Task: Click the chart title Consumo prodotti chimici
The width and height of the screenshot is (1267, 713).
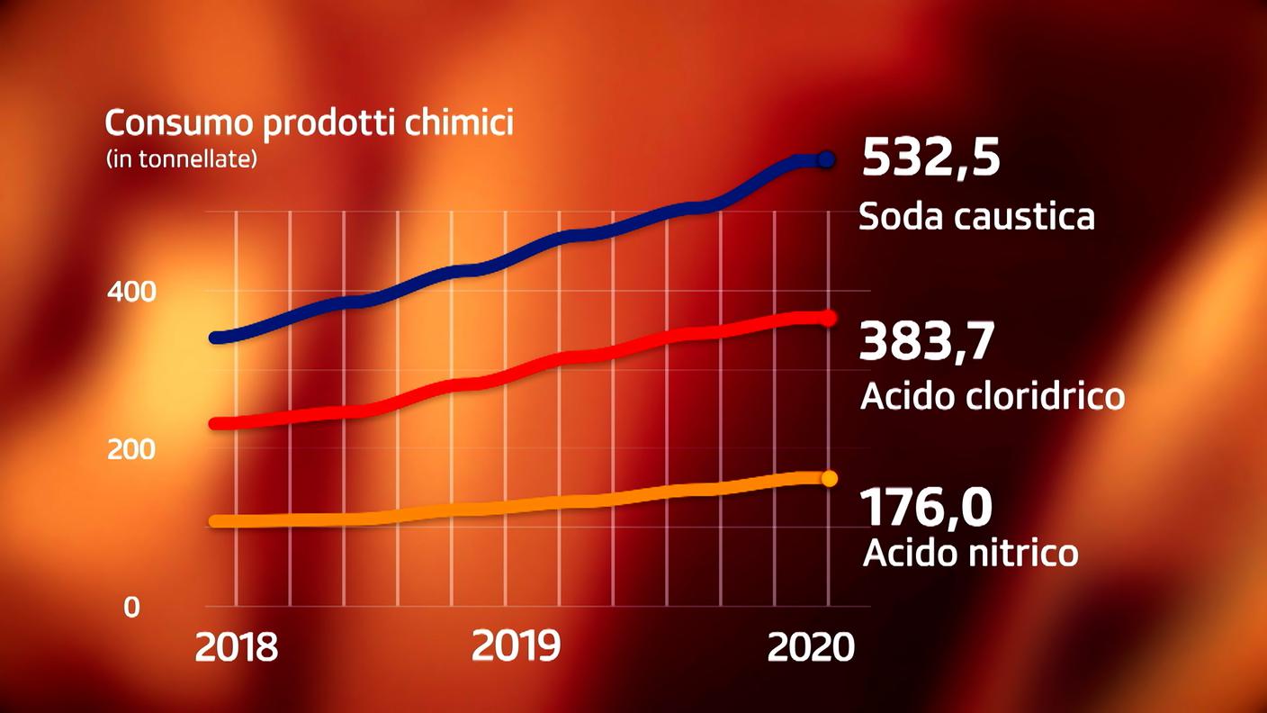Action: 309,122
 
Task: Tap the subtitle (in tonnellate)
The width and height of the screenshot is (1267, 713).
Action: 182,159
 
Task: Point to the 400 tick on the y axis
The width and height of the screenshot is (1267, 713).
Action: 131,292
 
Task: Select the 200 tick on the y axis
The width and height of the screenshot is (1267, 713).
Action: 131,449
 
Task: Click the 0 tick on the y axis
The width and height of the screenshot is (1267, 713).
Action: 132,608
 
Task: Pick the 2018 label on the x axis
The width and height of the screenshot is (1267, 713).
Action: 237,646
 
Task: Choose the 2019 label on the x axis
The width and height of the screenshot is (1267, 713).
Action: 517,646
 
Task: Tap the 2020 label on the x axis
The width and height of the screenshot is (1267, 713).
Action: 810,646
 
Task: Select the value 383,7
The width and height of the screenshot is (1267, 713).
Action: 927,342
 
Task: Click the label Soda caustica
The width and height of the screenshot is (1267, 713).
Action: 976,217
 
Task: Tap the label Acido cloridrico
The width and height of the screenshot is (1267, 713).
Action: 993,396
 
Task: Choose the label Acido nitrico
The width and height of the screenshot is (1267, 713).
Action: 970,553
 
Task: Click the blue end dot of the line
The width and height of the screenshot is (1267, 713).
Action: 827,160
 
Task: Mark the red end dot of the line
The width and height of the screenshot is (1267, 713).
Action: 829,318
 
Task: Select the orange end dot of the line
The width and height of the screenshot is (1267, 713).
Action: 830,478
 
